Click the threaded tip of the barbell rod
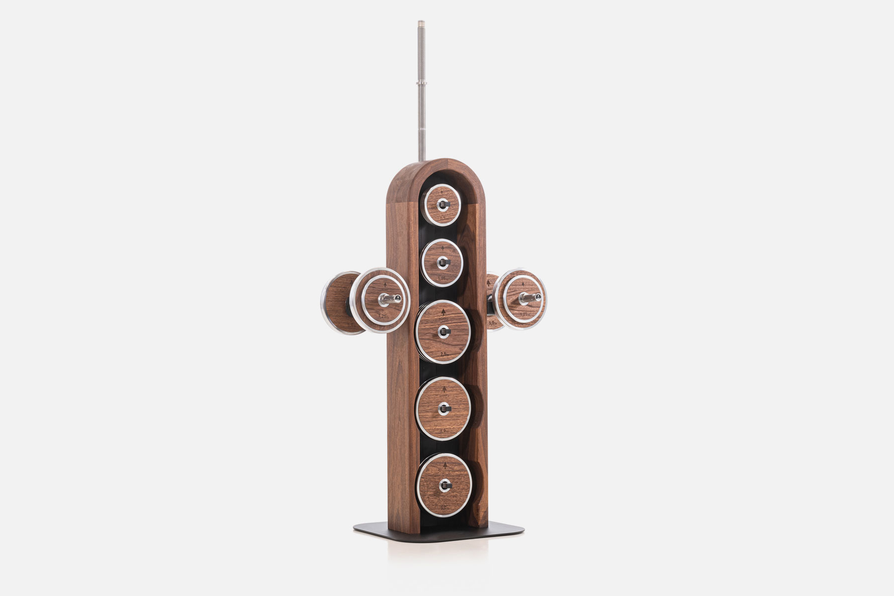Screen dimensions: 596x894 tap(422, 23)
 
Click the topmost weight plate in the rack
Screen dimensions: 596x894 tap(442, 205)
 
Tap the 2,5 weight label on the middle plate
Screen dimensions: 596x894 tap(445, 354)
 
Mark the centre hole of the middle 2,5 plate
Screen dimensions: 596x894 tap(443, 330)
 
